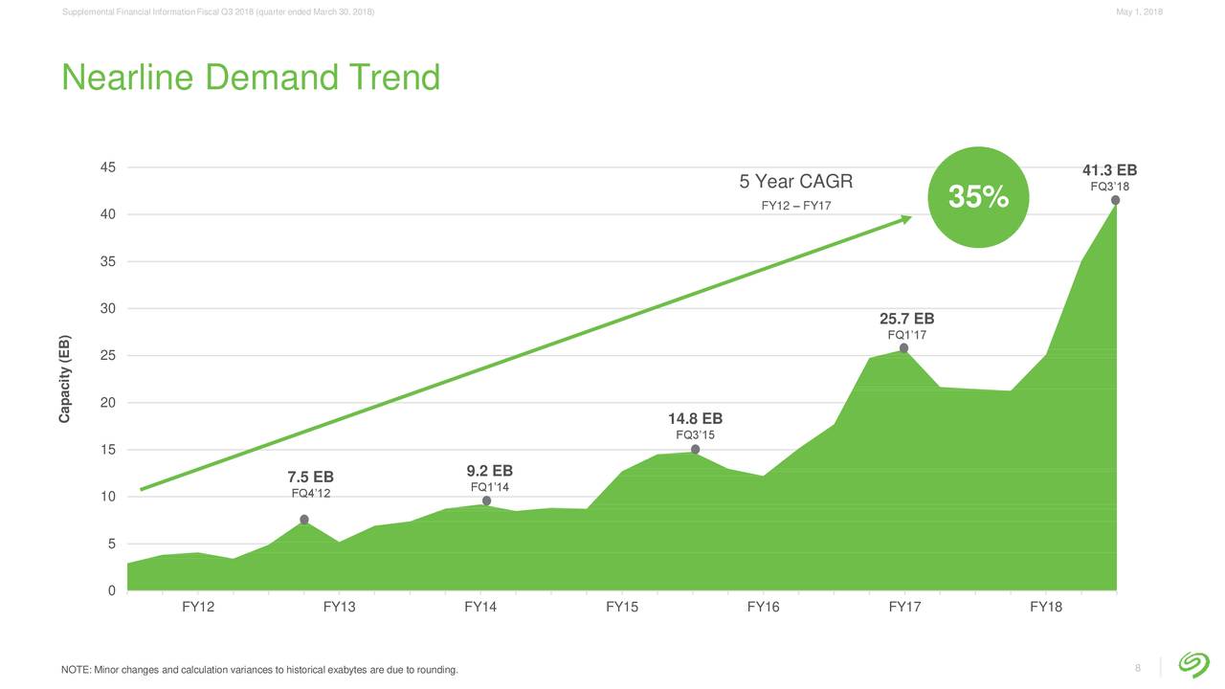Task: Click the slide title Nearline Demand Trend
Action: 251,78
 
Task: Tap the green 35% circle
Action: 978,198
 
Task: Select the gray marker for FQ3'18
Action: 1116,200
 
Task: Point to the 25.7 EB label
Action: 906,319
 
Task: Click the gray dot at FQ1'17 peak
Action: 903,348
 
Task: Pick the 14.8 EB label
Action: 695,419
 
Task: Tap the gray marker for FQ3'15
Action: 695,450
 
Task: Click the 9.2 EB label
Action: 489,471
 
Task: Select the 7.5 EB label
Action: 310,478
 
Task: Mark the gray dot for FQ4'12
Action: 304,520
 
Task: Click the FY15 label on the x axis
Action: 622,607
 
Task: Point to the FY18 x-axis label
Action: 1046,607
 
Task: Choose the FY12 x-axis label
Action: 198,607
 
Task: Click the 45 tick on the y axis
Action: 108,167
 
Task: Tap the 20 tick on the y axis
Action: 108,403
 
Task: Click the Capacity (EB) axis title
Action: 65,380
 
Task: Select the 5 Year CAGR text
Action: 795,183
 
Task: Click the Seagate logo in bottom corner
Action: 1192,664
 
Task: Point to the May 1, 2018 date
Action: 1139,11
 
